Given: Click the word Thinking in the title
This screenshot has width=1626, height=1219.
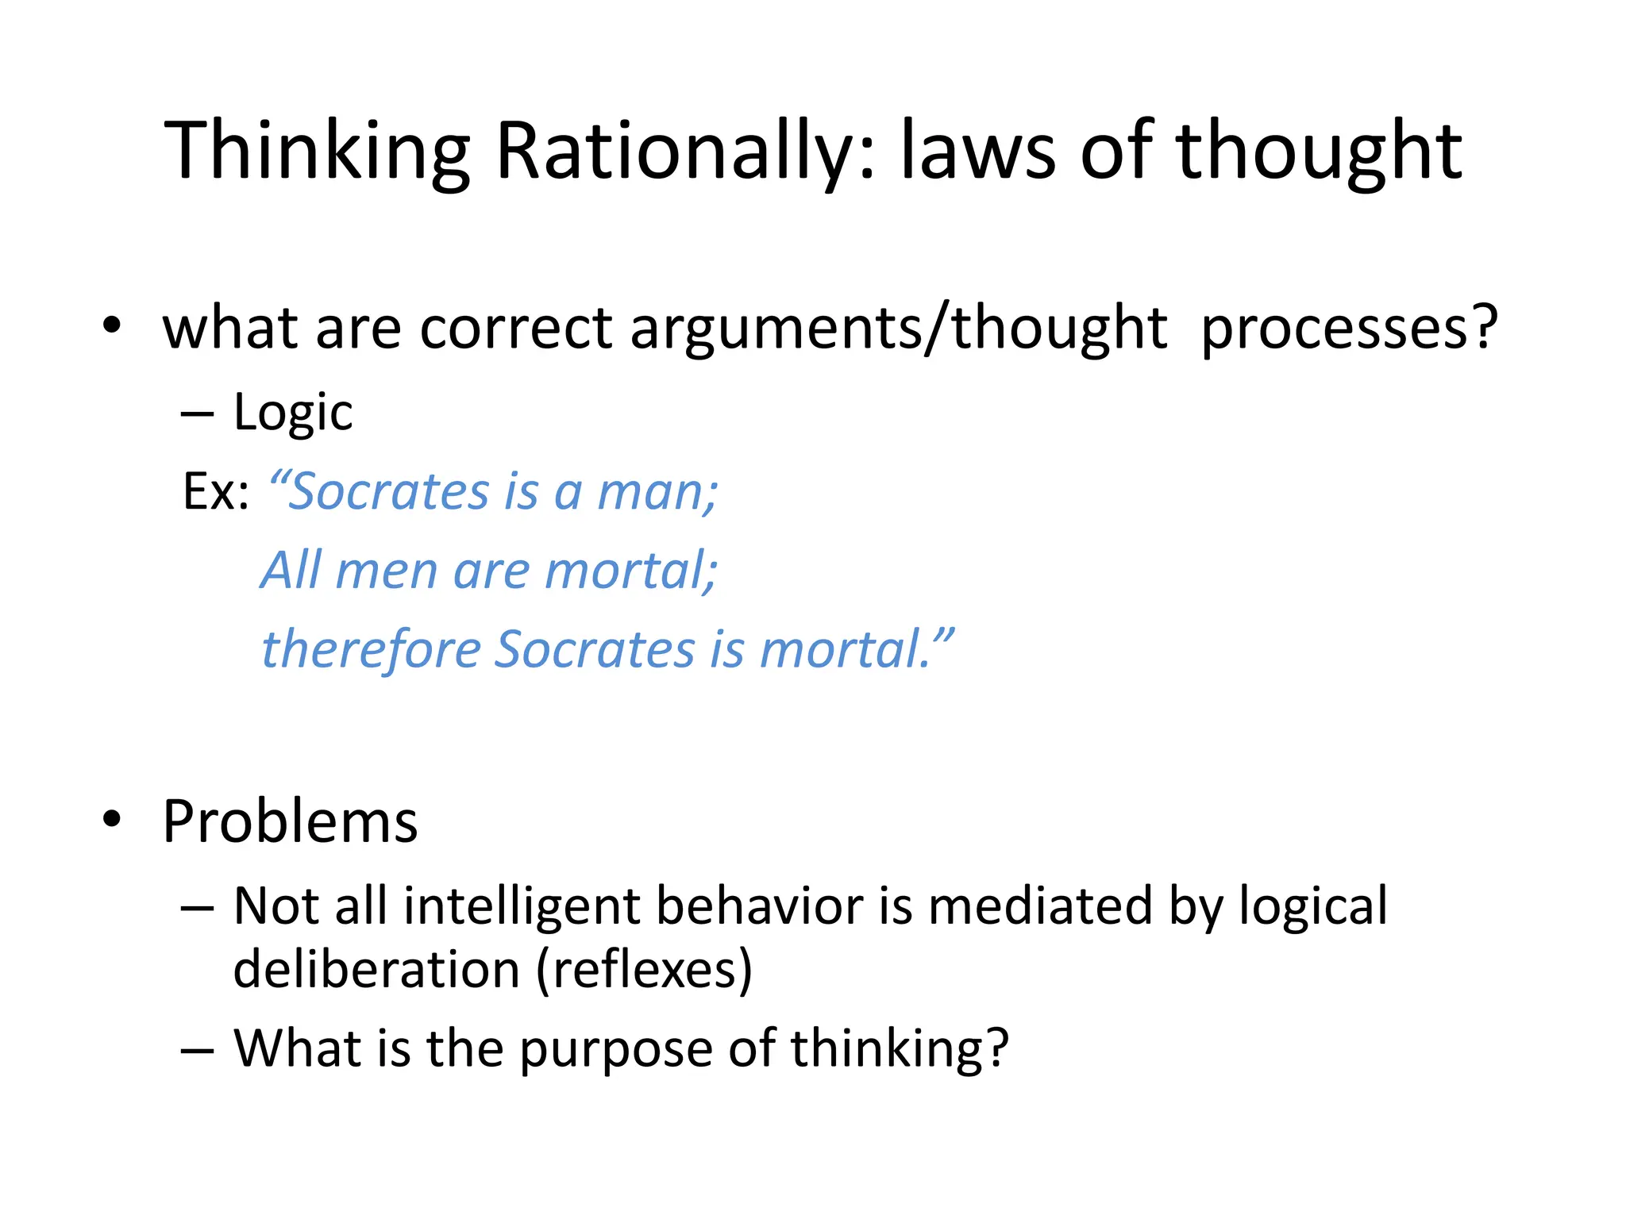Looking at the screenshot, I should click(x=318, y=151).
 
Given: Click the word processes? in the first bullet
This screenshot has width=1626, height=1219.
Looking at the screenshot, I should click(x=1349, y=328).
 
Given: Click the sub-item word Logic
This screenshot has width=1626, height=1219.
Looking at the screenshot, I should click(x=293, y=413).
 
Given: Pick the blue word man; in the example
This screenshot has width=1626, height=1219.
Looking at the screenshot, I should click(x=657, y=491).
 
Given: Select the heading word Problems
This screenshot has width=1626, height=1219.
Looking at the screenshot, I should click(x=290, y=821).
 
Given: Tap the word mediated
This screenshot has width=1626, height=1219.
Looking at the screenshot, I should click(x=1040, y=906).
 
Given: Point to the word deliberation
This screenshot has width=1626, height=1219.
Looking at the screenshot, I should click(x=376, y=970).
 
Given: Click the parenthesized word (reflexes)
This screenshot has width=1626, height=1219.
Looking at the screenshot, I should click(x=644, y=970).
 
